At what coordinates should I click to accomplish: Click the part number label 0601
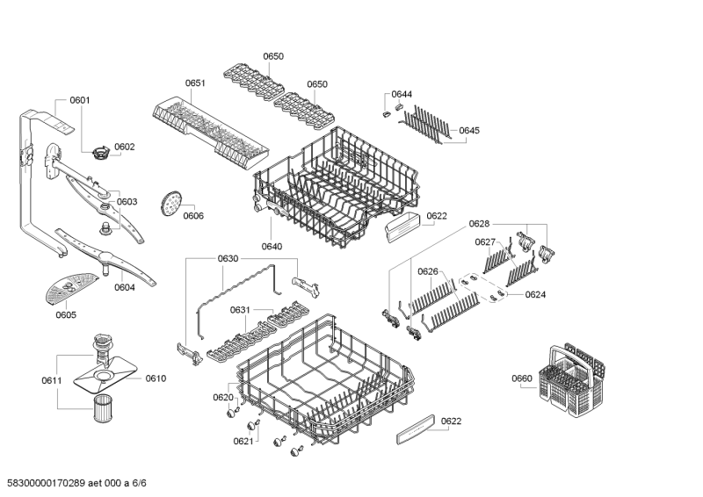(x=80, y=100)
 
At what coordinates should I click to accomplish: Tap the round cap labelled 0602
(x=101, y=153)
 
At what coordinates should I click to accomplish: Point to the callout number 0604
(x=125, y=287)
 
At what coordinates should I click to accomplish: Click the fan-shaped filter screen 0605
(x=70, y=287)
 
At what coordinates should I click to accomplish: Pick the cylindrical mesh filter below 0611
(x=105, y=407)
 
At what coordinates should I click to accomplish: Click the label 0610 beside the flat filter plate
(x=156, y=378)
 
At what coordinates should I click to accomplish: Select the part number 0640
(x=272, y=247)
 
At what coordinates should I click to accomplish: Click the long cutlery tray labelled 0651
(x=211, y=132)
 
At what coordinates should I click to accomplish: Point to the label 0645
(x=469, y=131)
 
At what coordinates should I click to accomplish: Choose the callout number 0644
(x=402, y=94)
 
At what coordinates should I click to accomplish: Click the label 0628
(x=479, y=224)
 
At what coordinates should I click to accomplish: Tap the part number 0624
(x=535, y=294)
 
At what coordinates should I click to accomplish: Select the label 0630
(x=228, y=258)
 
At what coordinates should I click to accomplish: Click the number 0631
(x=240, y=310)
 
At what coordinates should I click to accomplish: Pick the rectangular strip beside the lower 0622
(x=416, y=429)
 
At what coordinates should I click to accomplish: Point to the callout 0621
(x=243, y=441)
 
